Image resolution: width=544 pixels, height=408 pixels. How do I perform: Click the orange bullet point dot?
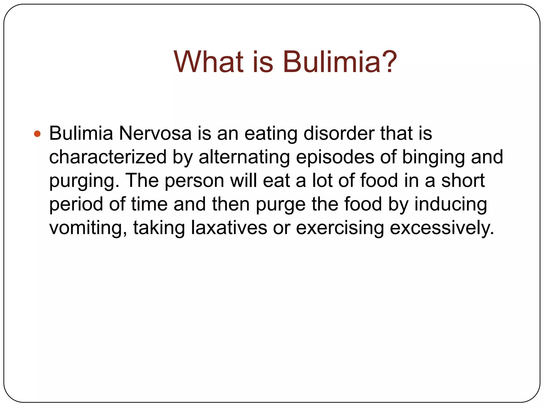[x=37, y=134]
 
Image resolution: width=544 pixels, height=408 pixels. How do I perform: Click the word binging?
[x=433, y=157]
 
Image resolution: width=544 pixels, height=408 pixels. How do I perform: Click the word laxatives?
[x=229, y=228]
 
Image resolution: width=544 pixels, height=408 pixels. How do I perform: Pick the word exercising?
[x=340, y=228]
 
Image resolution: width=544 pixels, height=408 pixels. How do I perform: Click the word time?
[x=149, y=204]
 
